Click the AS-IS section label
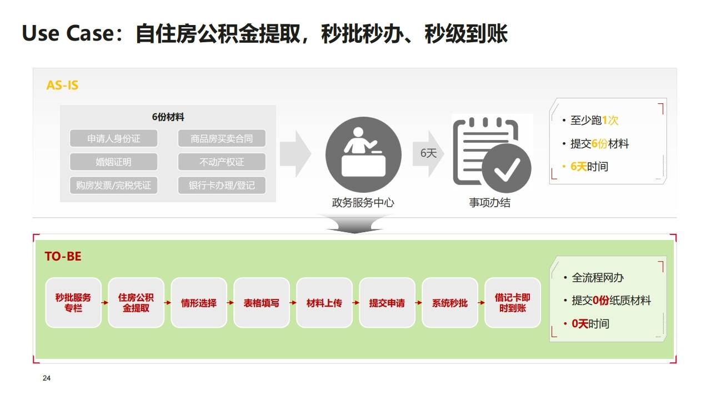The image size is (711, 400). (62, 86)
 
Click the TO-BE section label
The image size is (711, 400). (63, 256)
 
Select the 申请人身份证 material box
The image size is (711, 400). (114, 138)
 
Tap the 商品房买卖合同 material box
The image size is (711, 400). (222, 138)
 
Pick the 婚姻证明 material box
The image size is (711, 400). (114, 162)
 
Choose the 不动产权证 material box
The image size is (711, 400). (222, 162)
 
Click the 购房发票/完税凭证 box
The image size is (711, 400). (114, 185)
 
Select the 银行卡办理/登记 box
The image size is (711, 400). (222, 185)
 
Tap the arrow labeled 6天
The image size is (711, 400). (428, 154)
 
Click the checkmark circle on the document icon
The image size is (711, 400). (506, 168)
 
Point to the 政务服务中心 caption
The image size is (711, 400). (363, 203)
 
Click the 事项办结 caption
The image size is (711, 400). (489, 203)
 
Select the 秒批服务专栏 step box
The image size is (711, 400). (73, 303)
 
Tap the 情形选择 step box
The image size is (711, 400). (199, 303)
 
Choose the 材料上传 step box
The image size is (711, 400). (324, 303)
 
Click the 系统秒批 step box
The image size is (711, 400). (450, 303)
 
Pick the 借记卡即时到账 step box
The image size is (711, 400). (512, 303)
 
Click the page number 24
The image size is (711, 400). (47, 378)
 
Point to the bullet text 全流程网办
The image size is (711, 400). (598, 277)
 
